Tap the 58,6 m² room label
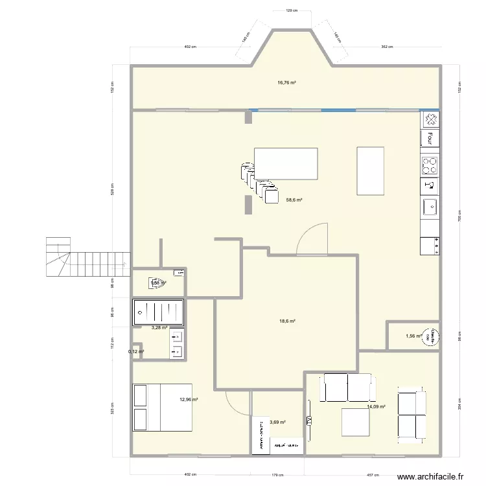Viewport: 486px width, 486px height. click(x=295, y=200)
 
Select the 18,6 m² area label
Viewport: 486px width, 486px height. click(x=287, y=321)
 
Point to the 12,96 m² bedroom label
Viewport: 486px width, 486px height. click(x=189, y=400)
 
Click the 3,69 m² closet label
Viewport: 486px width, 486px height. click(x=278, y=422)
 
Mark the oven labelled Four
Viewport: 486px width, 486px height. click(x=430, y=137)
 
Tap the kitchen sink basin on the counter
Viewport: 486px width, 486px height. click(x=430, y=207)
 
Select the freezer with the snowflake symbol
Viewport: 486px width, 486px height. click(x=430, y=119)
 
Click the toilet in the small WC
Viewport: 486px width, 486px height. click(x=156, y=282)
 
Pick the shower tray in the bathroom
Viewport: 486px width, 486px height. click(x=158, y=312)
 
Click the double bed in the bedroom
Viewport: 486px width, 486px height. click(x=162, y=407)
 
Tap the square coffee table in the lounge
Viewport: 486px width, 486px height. click(x=355, y=421)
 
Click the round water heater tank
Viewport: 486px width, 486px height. click(x=428, y=336)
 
